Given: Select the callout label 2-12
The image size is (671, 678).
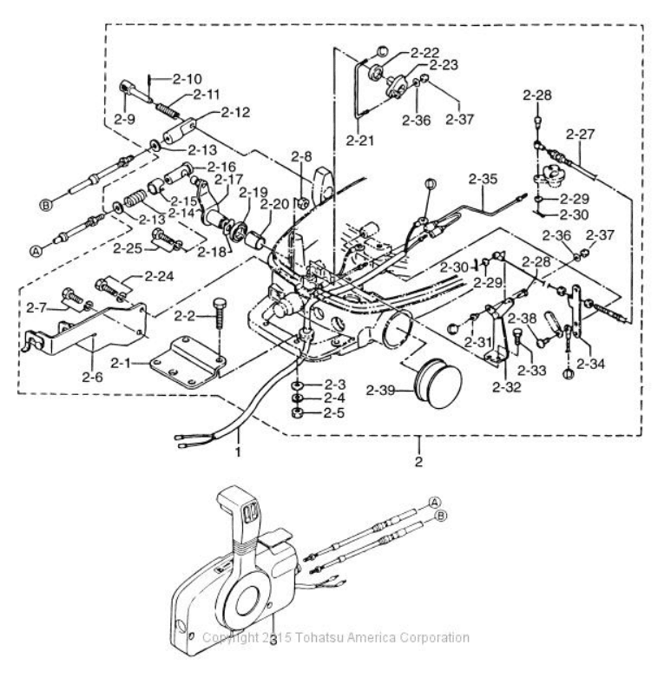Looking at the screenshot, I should pos(234,111).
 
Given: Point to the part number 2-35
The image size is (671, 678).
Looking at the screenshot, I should pos(483,181).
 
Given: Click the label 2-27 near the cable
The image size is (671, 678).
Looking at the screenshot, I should pos(581,134).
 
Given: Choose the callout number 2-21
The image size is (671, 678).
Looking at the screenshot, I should pos(359,139).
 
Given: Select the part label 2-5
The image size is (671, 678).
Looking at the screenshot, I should pos(334,412).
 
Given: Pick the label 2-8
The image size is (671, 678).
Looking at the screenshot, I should pos(301,157).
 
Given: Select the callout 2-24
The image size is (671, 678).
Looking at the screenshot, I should pos(160,277).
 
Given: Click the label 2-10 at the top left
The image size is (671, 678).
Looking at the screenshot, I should pos(187,78).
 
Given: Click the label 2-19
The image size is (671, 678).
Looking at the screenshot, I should pos(253,193).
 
